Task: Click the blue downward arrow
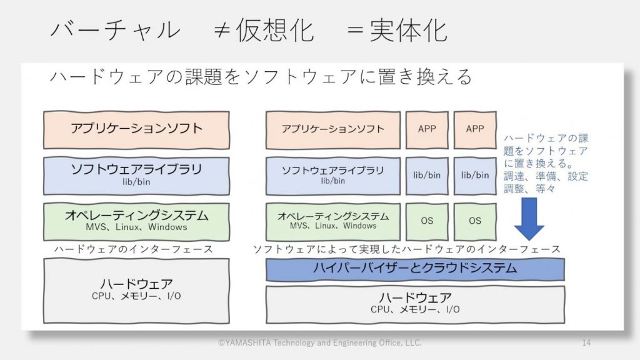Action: (529, 219)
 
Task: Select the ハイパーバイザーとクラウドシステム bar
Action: (415, 269)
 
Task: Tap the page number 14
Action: (586, 342)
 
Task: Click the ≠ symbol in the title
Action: (221, 30)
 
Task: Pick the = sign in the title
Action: (355, 30)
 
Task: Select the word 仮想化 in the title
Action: (275, 30)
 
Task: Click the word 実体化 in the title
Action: (408, 30)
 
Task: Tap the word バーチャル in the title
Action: (115, 30)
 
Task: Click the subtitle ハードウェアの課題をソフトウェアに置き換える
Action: (261, 77)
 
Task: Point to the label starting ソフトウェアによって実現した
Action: (406, 249)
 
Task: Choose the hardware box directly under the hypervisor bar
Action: (415, 304)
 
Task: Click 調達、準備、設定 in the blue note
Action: (546, 176)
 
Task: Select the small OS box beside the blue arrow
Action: (475, 221)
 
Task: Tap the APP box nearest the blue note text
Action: (475, 129)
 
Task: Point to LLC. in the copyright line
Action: (414, 342)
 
